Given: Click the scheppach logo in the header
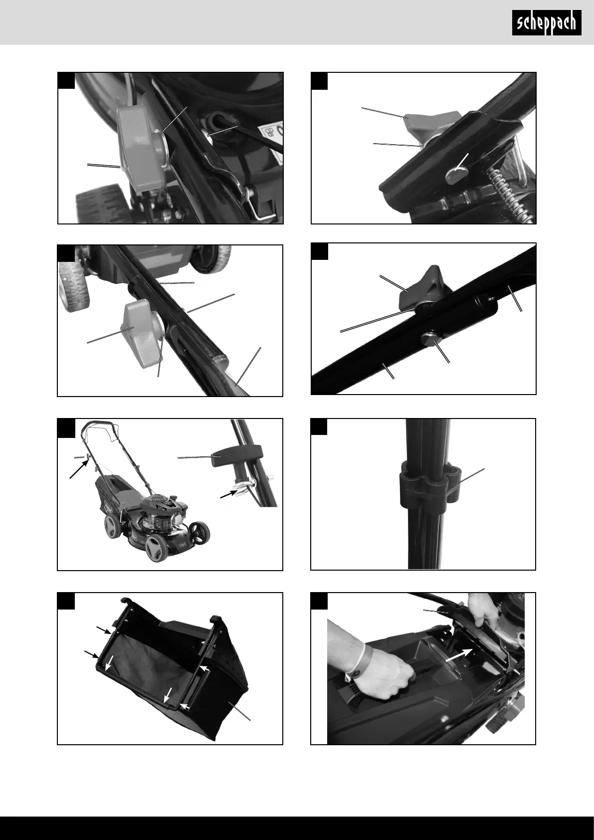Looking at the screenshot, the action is point(547,23).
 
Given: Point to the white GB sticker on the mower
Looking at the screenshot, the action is point(271,134).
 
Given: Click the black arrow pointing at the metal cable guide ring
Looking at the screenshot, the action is point(229,495).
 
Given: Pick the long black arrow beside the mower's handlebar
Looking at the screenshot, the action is point(79,469).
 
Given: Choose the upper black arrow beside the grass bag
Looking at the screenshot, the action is point(104,630).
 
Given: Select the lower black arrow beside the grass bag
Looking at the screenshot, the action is point(92,654).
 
